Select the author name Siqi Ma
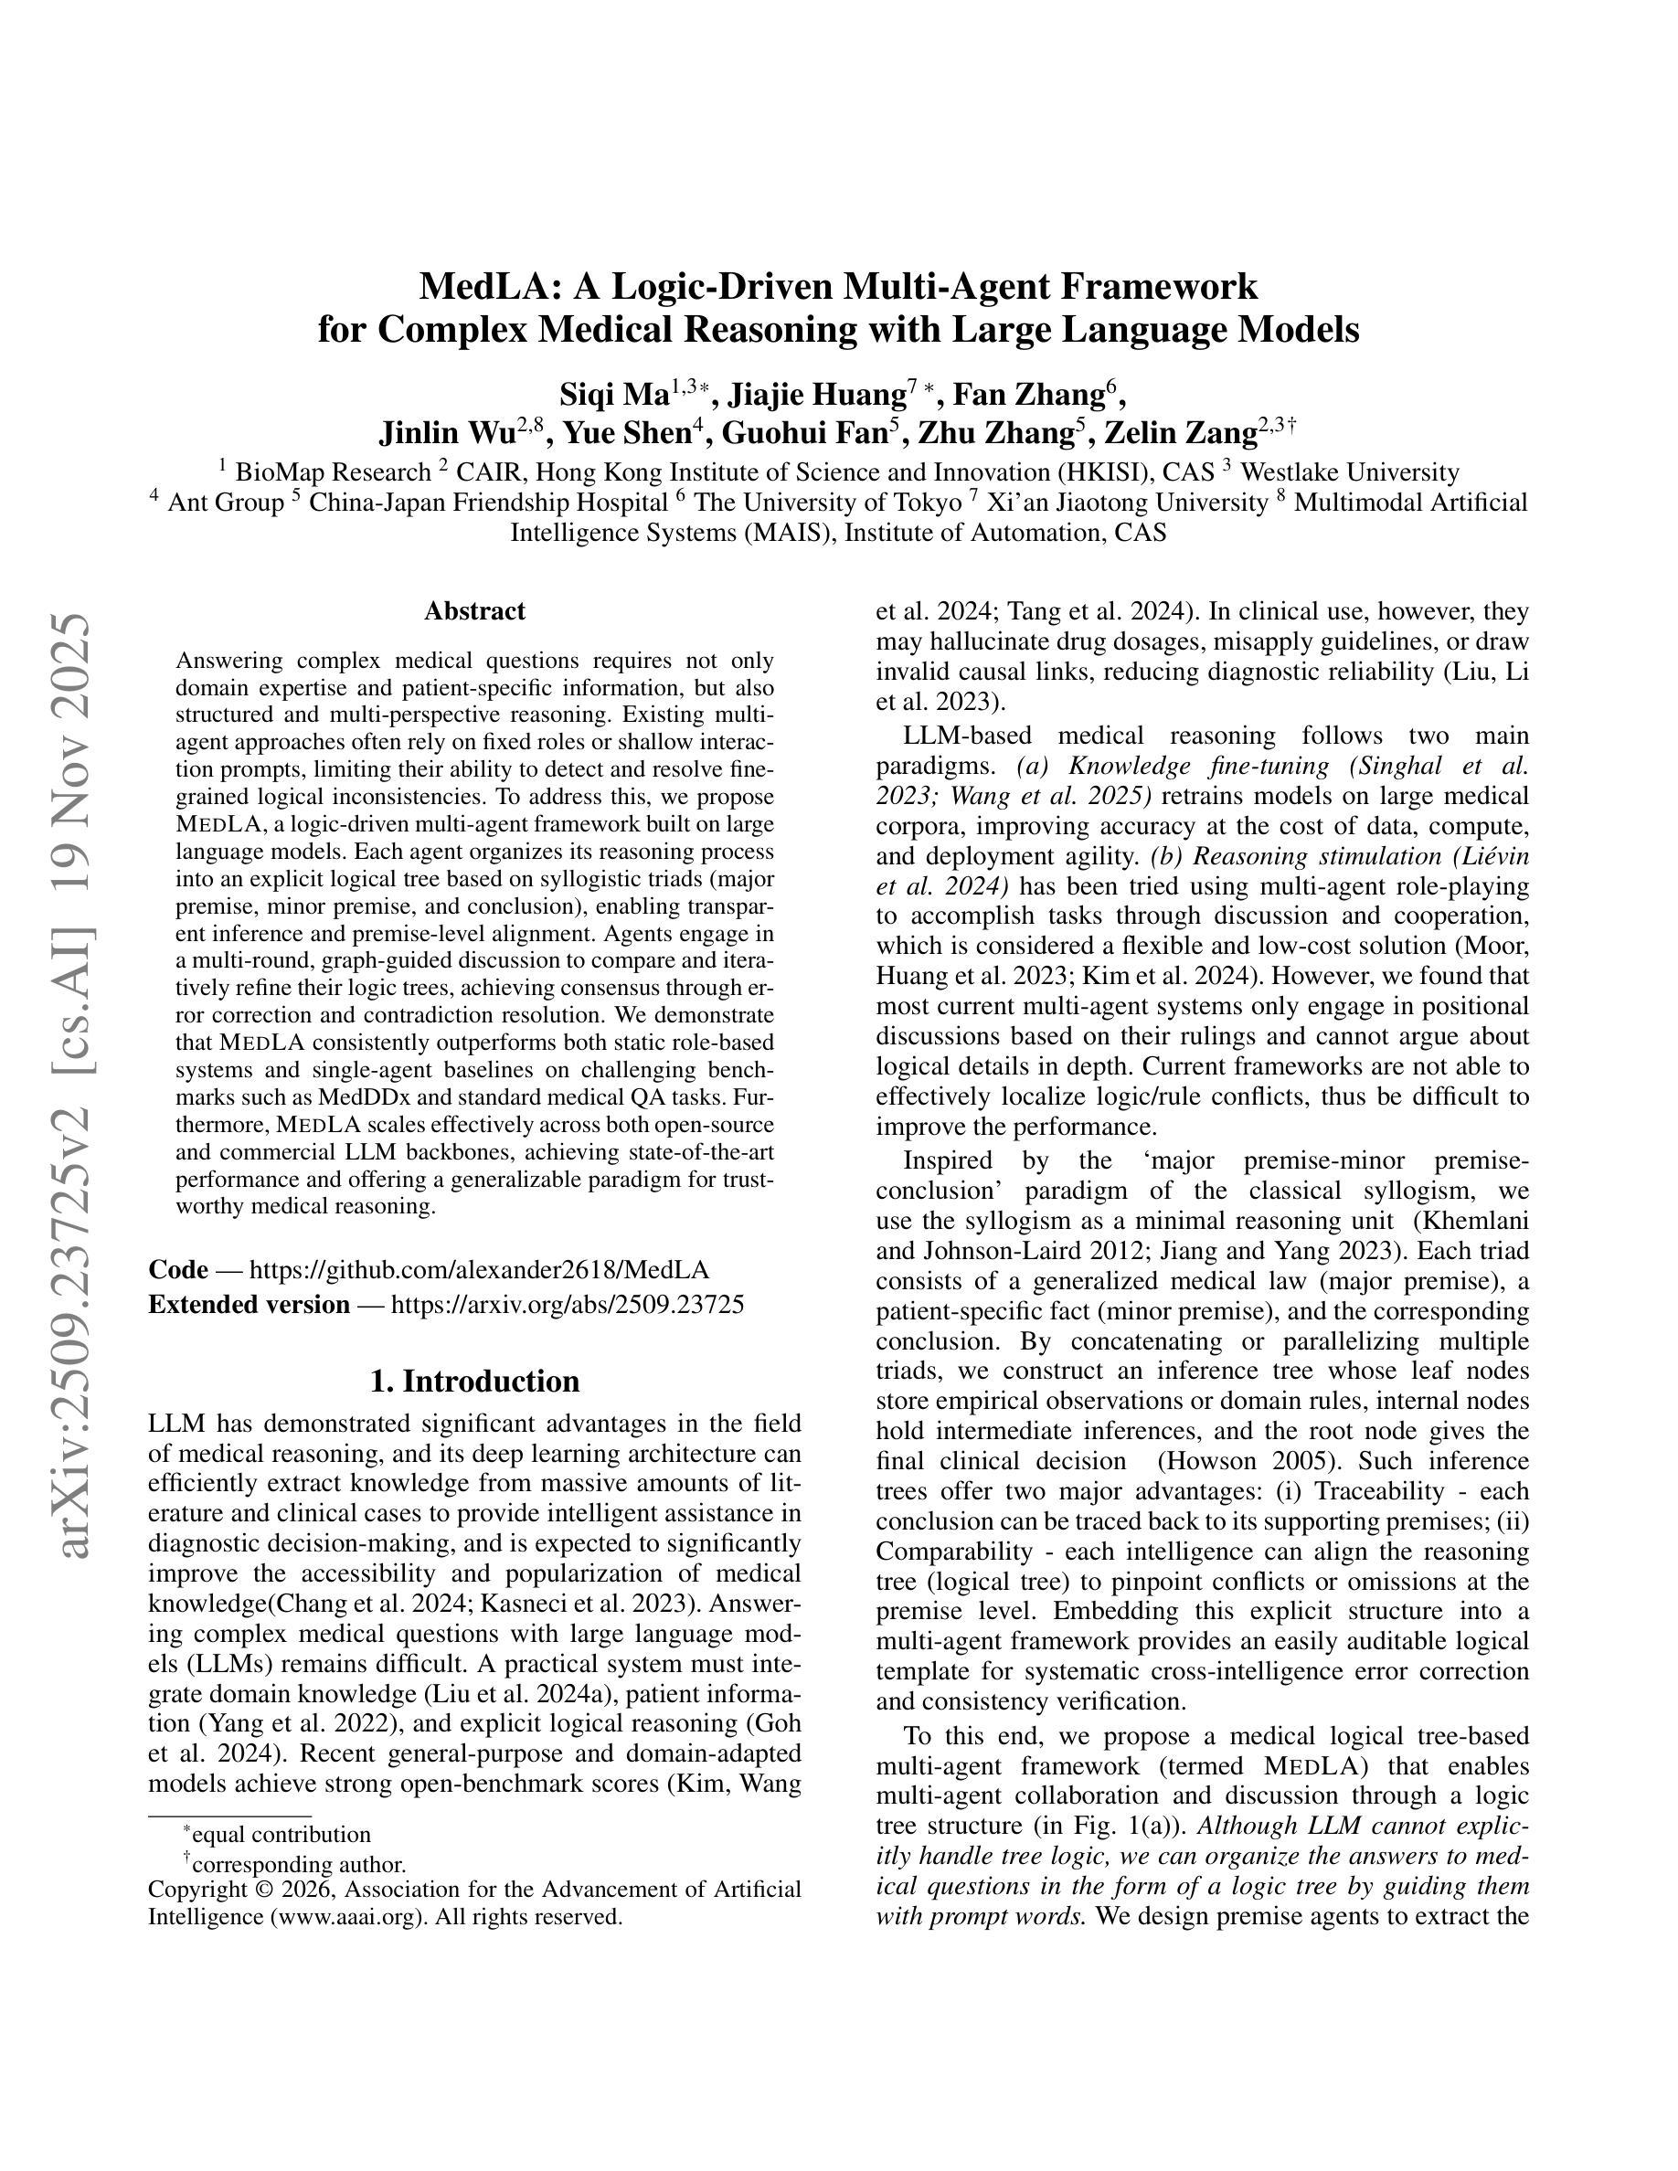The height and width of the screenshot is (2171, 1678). (x=613, y=395)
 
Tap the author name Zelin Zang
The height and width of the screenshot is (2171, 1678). (x=1180, y=433)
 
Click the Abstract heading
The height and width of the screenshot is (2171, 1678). (x=474, y=610)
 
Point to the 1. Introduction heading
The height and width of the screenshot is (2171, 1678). (x=474, y=1381)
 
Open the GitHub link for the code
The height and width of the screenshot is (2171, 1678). (x=479, y=1269)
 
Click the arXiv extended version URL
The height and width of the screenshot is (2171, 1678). (x=567, y=1304)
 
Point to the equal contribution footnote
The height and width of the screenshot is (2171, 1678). (x=281, y=1834)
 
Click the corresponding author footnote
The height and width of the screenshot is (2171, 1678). (x=298, y=1865)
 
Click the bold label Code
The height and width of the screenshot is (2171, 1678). (x=178, y=1269)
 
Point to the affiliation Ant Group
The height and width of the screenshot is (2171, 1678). (x=225, y=502)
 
